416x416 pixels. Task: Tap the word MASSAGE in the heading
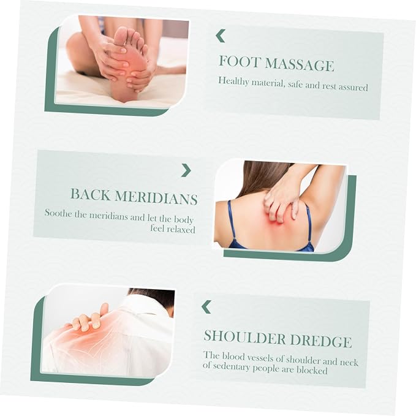(x=299, y=64)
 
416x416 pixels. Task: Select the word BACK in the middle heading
(x=90, y=194)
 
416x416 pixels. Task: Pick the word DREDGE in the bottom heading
(x=321, y=341)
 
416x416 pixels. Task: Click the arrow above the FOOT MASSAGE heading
(x=221, y=36)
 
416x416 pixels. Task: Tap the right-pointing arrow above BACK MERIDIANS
(x=186, y=170)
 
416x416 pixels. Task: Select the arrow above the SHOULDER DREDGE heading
(x=206, y=307)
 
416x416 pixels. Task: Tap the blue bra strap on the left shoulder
(x=232, y=223)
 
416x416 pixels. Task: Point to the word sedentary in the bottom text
(x=232, y=367)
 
